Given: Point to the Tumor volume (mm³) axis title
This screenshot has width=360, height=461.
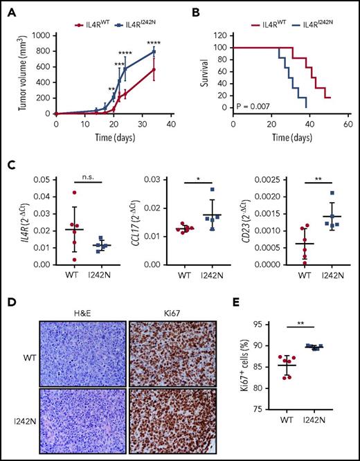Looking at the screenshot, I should tap(10, 74).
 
